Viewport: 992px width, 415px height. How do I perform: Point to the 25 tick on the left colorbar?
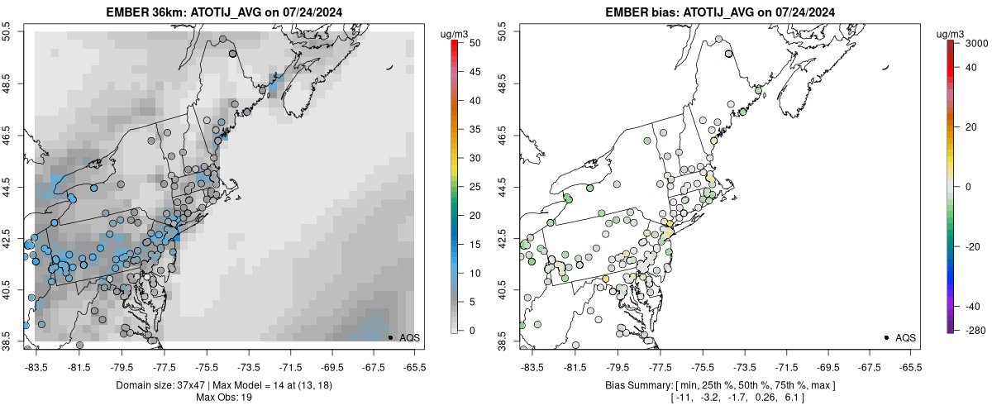click(469, 187)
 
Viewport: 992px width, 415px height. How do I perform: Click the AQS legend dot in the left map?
click(390, 337)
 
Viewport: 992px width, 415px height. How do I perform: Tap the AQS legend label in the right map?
click(905, 337)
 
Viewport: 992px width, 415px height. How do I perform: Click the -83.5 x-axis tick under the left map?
click(36, 365)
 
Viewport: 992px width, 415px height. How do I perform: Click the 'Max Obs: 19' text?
click(223, 398)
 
